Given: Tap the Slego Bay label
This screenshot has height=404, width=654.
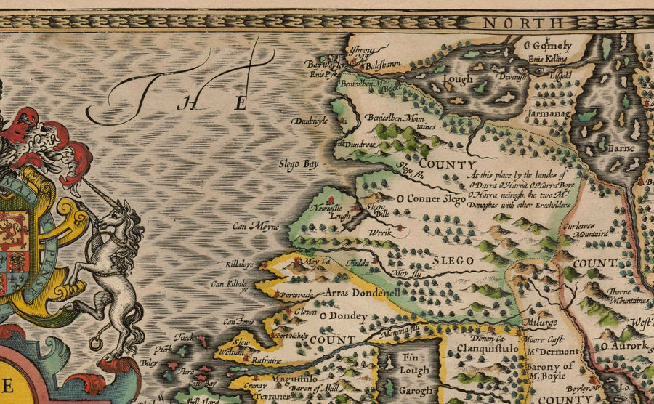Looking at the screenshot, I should tap(300, 164).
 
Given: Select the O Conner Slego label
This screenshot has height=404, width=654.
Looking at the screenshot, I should tap(430, 198).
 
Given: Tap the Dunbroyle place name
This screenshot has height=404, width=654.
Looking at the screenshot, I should tap(310, 121).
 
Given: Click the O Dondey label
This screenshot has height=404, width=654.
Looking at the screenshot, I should tap(340, 316).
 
